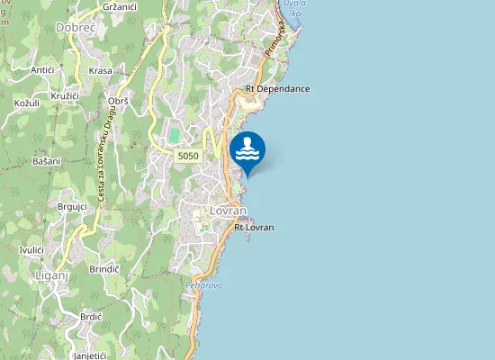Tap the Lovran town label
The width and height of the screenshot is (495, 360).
[x=228, y=210]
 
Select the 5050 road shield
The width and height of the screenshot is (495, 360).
[x=188, y=156]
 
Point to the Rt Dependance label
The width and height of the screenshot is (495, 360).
[x=277, y=89]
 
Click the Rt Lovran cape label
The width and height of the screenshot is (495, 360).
[x=254, y=228]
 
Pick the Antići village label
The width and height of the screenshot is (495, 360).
[x=42, y=69]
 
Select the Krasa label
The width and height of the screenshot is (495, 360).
[x=101, y=70]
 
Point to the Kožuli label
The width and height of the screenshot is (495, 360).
[x=27, y=103]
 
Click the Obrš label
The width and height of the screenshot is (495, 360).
[x=118, y=102]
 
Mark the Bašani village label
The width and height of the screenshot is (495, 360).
[x=46, y=160]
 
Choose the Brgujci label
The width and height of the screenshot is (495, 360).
[x=71, y=206]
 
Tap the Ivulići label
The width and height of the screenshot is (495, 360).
[x=32, y=248]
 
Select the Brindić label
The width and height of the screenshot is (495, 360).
[x=104, y=268]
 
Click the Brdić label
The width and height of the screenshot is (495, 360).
[x=91, y=317]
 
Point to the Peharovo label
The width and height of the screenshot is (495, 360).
[x=203, y=285]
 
